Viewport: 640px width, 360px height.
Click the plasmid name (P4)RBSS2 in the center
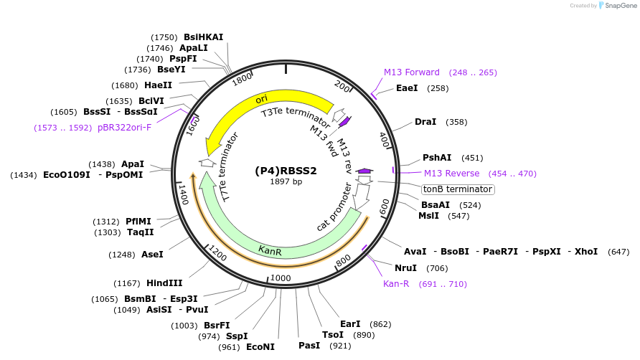click(x=286, y=171)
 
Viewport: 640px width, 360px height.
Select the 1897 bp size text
click(x=286, y=181)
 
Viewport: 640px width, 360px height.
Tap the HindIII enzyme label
click(x=164, y=283)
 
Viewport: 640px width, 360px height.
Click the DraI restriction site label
click(x=425, y=122)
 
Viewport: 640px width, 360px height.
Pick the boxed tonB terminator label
click(x=458, y=189)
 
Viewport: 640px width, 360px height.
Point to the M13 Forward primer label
click(x=412, y=72)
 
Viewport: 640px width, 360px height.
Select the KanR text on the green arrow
click(x=270, y=251)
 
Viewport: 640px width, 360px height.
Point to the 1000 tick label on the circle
click(x=281, y=278)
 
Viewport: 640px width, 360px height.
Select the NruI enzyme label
click(x=405, y=268)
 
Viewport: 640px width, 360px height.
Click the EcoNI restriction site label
click(x=260, y=347)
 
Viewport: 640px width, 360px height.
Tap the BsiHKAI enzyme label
click(x=204, y=37)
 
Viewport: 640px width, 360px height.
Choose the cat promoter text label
click(x=334, y=207)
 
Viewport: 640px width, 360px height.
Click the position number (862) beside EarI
click(x=381, y=324)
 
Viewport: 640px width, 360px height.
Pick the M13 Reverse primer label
click(x=451, y=174)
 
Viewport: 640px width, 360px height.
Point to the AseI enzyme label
click(x=152, y=255)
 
